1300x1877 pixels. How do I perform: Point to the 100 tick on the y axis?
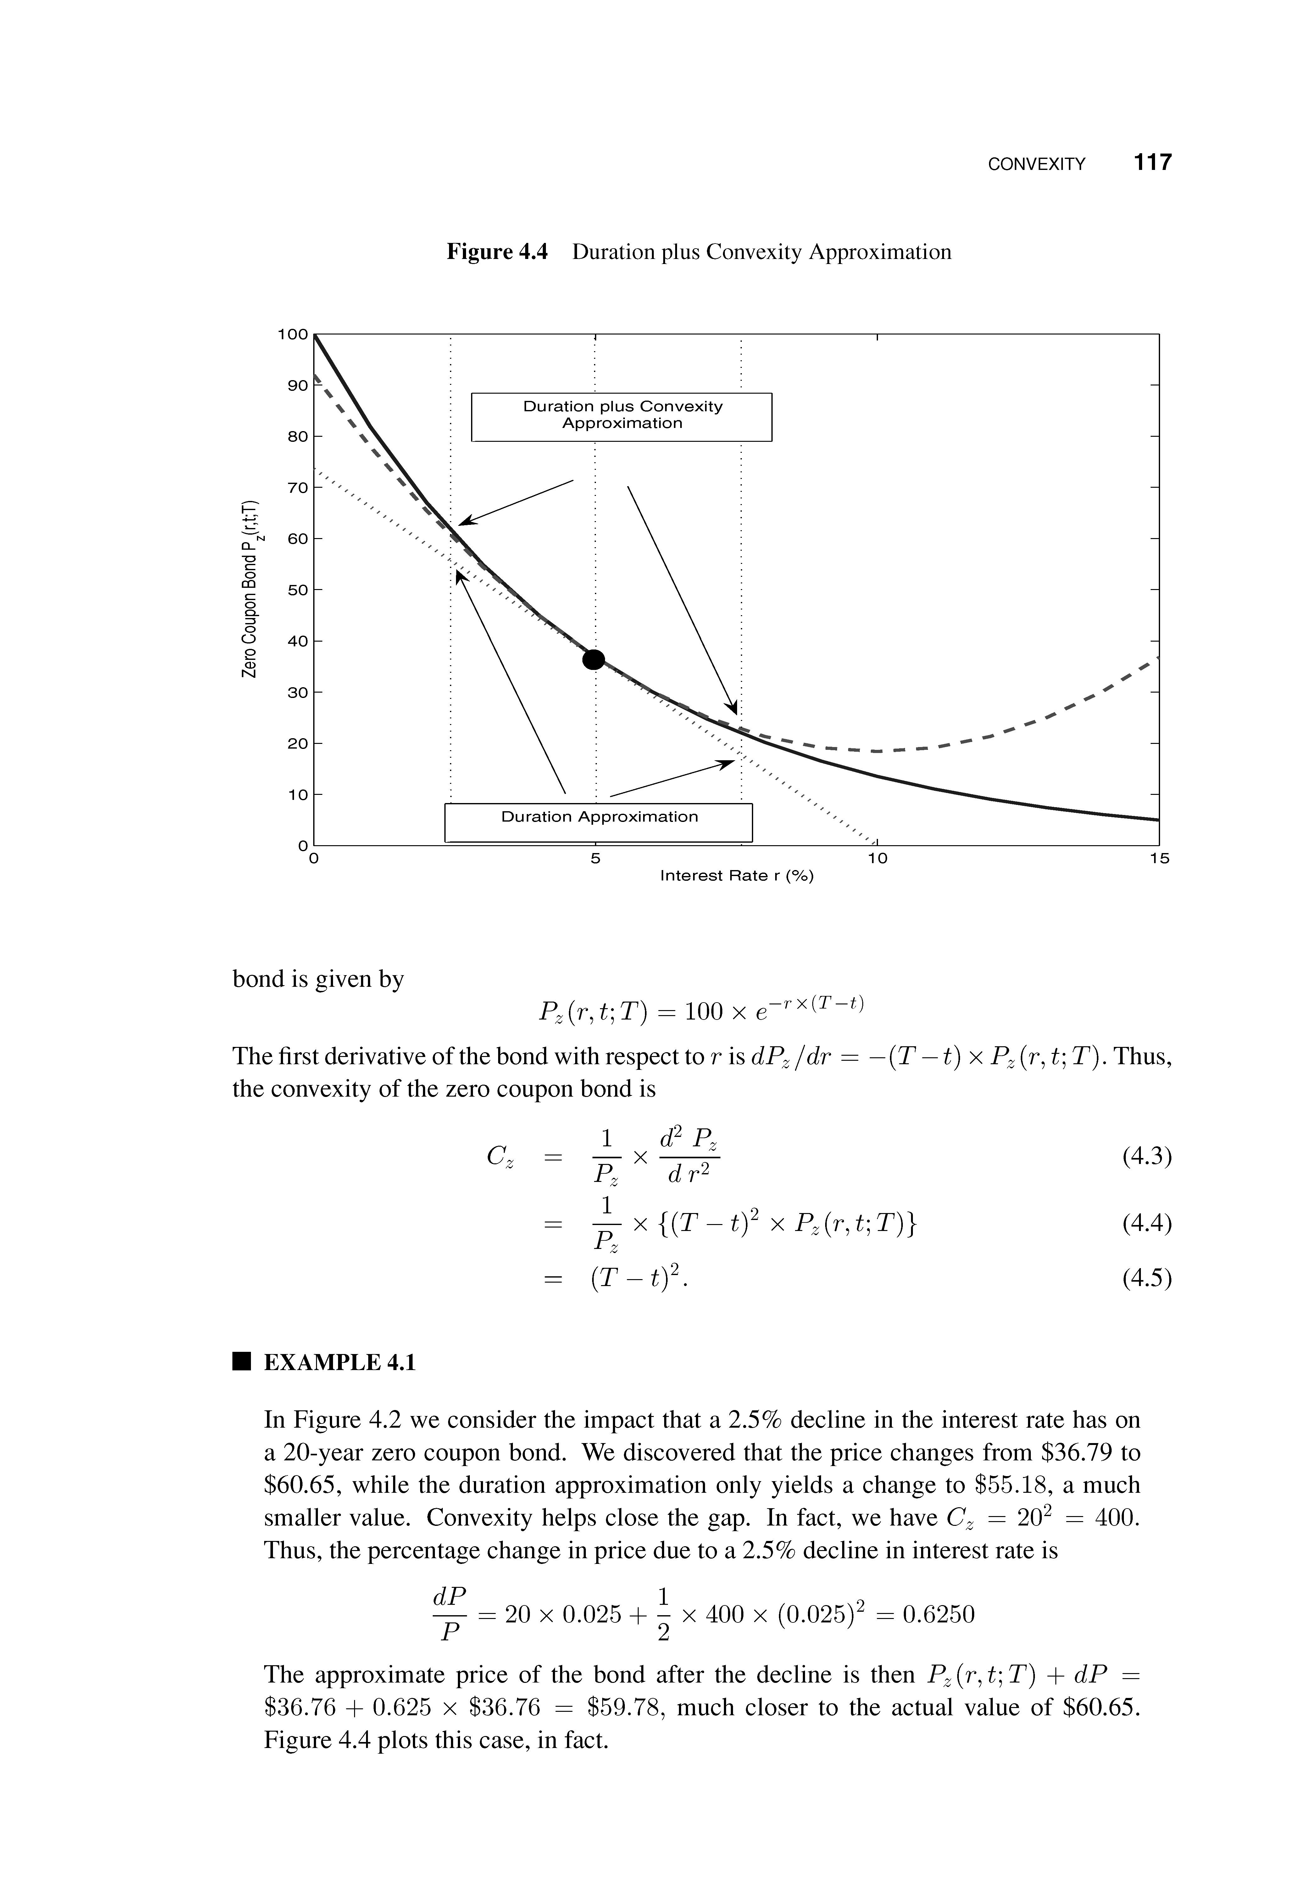tap(293, 334)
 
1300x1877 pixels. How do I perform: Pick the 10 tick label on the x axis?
tap(876, 858)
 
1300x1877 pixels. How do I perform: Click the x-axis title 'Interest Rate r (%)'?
tap(736, 876)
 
